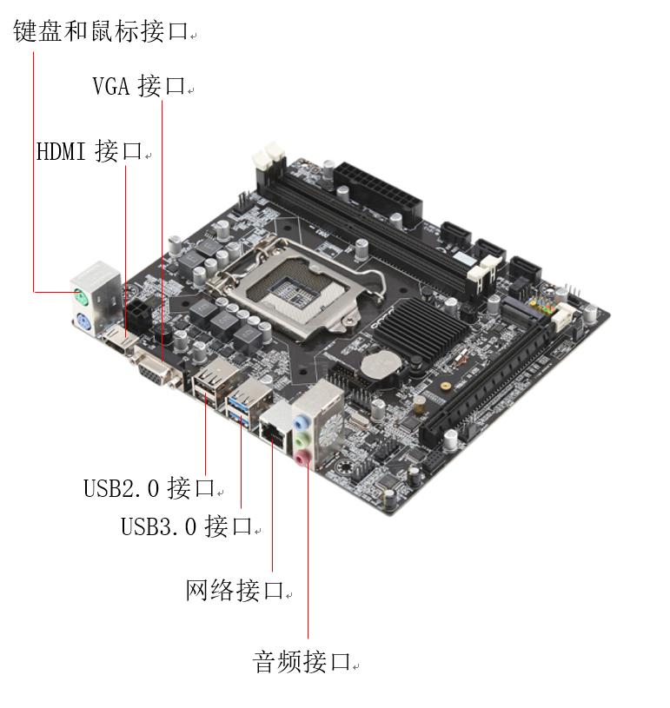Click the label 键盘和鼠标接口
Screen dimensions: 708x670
tap(101, 32)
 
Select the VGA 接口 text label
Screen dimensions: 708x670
tap(139, 86)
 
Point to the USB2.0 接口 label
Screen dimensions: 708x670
tap(149, 487)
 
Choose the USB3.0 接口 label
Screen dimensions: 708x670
tap(186, 526)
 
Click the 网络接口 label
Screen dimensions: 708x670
tap(235, 591)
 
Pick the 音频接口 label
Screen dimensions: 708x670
tap(301, 662)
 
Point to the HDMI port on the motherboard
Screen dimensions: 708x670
tap(116, 336)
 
